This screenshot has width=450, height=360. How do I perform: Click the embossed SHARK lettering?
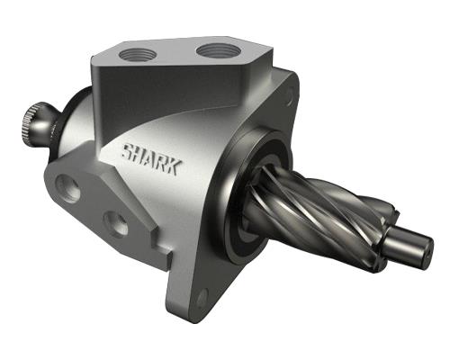pos(151,159)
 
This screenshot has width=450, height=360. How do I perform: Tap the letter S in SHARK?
pos(128,151)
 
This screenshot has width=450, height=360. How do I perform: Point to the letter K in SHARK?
pos(175,167)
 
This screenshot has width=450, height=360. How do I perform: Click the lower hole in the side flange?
pos(115,224)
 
